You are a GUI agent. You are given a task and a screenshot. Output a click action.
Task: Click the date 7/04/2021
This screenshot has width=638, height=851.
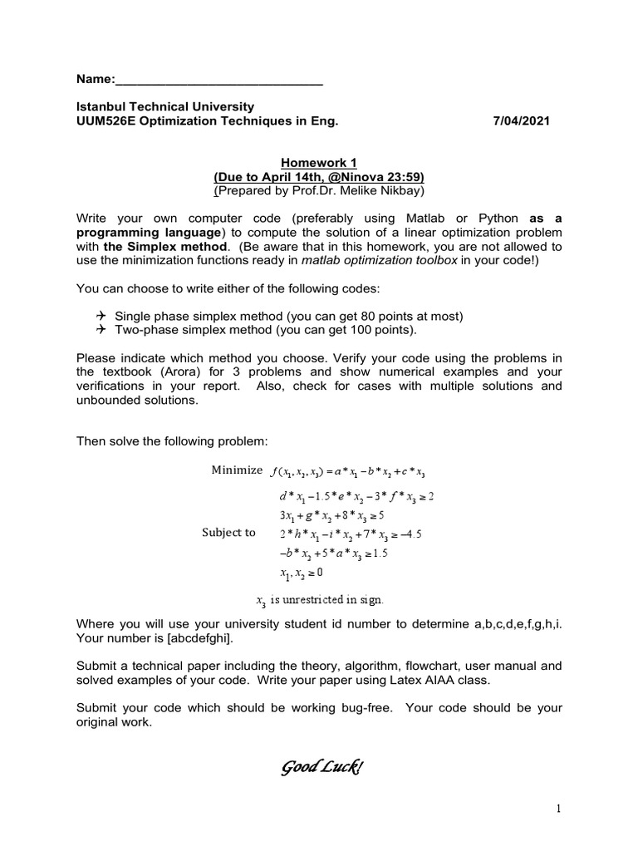point(521,121)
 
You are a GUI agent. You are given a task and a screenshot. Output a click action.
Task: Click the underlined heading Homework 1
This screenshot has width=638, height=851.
point(319,164)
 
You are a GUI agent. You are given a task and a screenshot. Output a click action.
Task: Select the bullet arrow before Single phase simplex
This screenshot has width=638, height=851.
point(101,316)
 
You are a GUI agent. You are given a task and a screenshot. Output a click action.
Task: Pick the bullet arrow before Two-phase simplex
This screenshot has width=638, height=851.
point(101,329)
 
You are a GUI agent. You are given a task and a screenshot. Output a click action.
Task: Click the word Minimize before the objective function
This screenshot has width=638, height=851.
point(236,470)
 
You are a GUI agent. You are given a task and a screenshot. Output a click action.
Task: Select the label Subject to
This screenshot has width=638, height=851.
point(228,533)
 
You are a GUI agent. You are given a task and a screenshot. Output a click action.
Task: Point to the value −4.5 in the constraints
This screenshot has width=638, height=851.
point(410,534)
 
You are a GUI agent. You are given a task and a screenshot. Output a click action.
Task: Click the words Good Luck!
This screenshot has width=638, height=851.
point(319,765)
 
